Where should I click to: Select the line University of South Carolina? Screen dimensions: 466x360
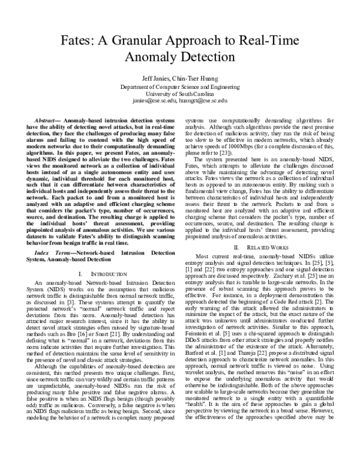click(x=179, y=94)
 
